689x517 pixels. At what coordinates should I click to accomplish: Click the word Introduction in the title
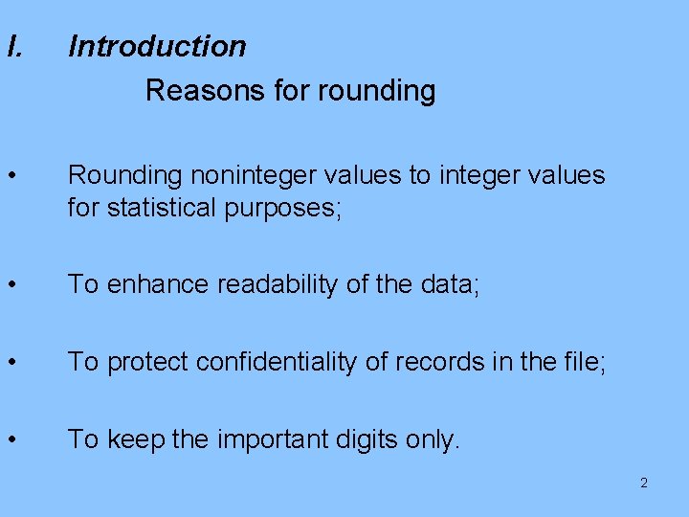pos(157,46)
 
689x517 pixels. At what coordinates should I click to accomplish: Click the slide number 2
pos(643,483)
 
